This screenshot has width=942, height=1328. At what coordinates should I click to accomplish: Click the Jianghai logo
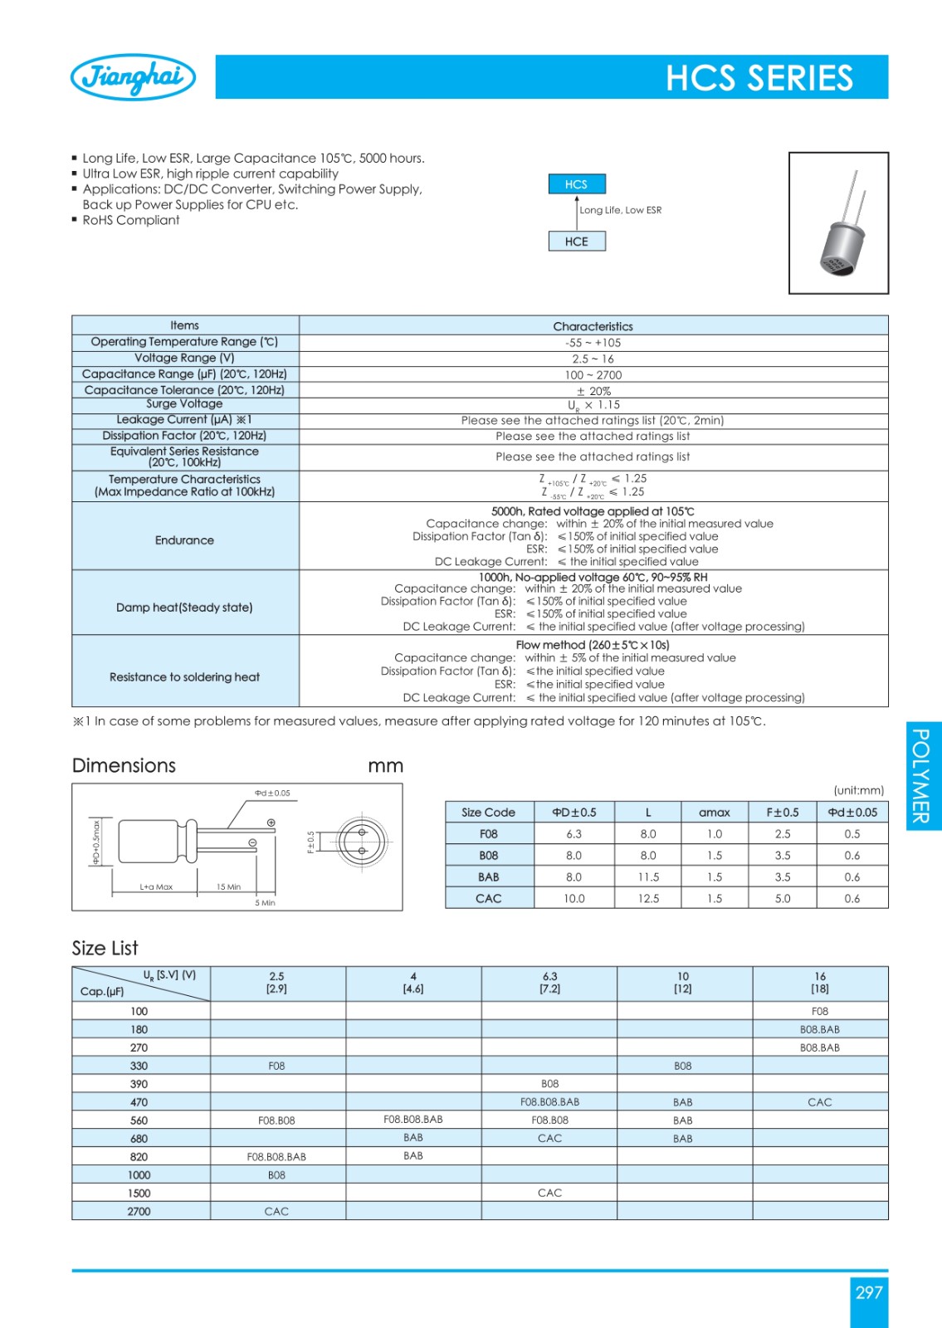pos(134,77)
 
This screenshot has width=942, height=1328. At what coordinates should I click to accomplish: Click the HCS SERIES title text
pos(759,78)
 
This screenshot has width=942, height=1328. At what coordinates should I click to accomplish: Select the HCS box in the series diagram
pos(576,184)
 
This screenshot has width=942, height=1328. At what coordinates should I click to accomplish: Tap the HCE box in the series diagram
pos(576,242)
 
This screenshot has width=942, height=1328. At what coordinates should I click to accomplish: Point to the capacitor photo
pos(838,223)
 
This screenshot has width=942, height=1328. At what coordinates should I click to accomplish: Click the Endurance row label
pos(184,540)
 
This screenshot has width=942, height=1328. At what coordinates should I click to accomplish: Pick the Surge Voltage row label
pos(184,404)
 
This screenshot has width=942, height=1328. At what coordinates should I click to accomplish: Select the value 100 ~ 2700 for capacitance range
pos(593,375)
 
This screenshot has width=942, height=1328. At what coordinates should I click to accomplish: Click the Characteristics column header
pos(593,326)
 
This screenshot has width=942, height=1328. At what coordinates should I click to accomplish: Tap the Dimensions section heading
pos(124,765)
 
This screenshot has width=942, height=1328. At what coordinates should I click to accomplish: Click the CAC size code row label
pos(489,898)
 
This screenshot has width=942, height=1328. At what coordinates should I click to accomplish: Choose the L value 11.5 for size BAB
pos(648,876)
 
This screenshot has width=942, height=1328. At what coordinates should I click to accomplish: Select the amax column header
pos(714,813)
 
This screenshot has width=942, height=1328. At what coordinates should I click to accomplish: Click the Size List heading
pos(105,948)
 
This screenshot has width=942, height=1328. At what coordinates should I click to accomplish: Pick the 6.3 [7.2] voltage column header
pos(549,983)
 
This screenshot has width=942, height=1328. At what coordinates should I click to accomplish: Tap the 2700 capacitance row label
pos(139,1211)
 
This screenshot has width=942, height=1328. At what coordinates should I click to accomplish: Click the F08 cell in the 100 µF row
pos(819,1011)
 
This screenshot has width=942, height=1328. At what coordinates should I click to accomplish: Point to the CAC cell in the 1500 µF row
pos(549,1193)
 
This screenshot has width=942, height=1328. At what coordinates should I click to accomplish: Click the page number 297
pos(868,1292)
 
